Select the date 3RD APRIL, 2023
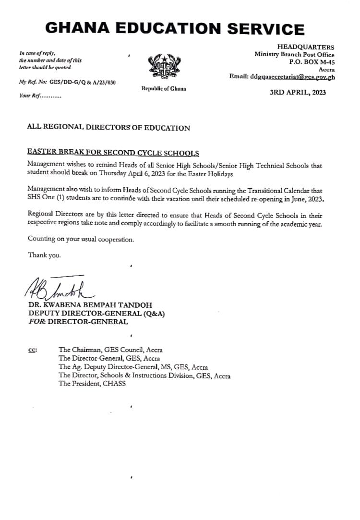pyautogui.click(x=298, y=93)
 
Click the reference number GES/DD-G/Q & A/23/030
pyautogui.click(x=83, y=83)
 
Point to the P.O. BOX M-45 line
pyautogui.click(x=312, y=62)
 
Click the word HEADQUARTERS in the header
pyautogui.click(x=306, y=47)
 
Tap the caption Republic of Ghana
pyautogui.click(x=164, y=89)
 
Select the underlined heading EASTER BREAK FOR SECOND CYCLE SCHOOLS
pyautogui.click(x=113, y=153)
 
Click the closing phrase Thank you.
pyautogui.click(x=44, y=255)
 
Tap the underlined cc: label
pyautogui.click(x=33, y=351)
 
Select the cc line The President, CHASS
pyautogui.click(x=92, y=384)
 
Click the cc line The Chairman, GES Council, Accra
pyautogui.click(x=110, y=350)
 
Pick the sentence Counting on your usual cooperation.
pyautogui.click(x=81, y=239)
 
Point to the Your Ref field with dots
pyautogui.click(x=40, y=96)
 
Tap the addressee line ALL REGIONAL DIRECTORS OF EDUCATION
pyautogui.click(x=108, y=128)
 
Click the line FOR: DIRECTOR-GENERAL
pyautogui.click(x=78, y=322)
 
